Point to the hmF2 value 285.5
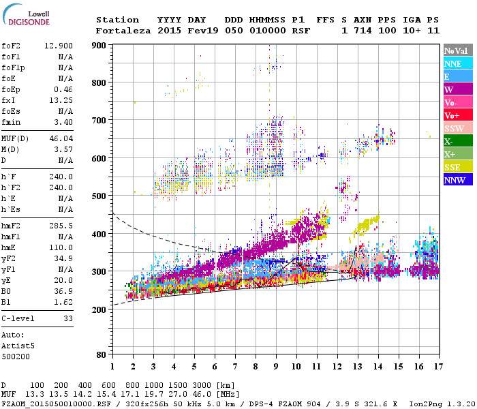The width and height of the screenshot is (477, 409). (61, 225)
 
